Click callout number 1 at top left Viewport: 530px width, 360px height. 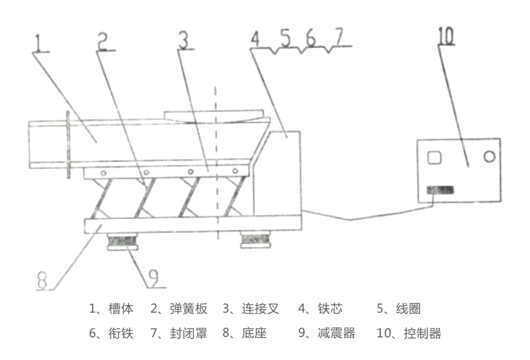click(x=38, y=42)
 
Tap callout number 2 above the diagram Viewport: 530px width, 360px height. click(x=104, y=41)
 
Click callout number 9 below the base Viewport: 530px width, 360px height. click(x=153, y=277)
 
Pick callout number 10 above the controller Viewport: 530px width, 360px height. click(x=447, y=36)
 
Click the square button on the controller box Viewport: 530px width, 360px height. click(x=434, y=157)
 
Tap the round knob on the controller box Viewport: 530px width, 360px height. click(x=489, y=156)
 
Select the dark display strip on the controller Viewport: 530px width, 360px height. click(x=440, y=190)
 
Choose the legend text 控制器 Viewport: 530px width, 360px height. click(x=424, y=333)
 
